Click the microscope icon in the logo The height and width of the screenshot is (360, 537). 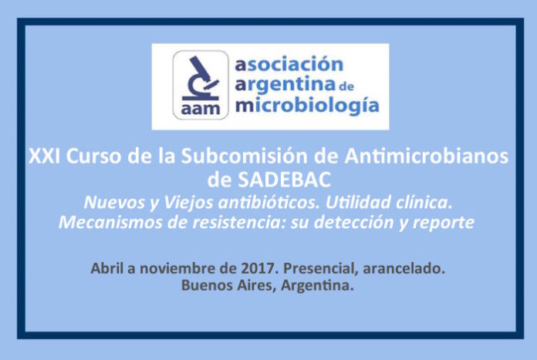201,79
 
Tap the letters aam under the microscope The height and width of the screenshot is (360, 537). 201,109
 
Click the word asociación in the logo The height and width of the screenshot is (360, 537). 289,64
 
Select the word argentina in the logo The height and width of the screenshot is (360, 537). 285,86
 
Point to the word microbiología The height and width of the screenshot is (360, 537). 307,106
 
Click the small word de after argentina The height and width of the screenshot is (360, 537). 346,86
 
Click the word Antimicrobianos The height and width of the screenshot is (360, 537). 427,156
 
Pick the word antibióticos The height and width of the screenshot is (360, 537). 268,202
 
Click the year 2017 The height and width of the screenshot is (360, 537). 258,268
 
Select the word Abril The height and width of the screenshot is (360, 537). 106,268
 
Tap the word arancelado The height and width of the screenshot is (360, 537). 404,268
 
